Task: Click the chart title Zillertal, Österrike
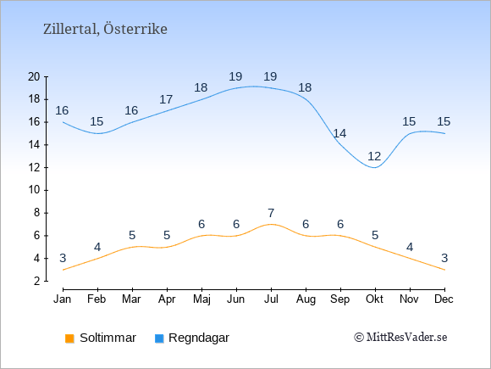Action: (x=105, y=29)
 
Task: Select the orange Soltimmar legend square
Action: (x=69, y=338)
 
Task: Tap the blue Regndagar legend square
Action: (x=159, y=338)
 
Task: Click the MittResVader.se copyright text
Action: (x=400, y=338)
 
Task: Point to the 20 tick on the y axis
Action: (x=34, y=76)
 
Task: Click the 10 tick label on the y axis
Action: (x=34, y=190)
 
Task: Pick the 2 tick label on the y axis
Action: (x=37, y=281)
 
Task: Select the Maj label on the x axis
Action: (x=201, y=299)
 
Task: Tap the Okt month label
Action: (x=374, y=299)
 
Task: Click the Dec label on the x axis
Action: (x=444, y=299)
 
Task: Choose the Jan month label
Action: (x=63, y=299)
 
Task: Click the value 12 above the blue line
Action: (x=374, y=156)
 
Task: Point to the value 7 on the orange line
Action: (x=271, y=213)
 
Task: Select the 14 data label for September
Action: (x=339, y=133)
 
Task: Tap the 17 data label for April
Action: (x=166, y=99)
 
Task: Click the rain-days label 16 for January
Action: (x=62, y=110)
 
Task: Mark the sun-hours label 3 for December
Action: (x=444, y=258)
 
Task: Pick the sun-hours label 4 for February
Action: (x=97, y=247)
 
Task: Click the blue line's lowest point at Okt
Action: (x=375, y=168)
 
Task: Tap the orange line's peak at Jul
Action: (x=271, y=224)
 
